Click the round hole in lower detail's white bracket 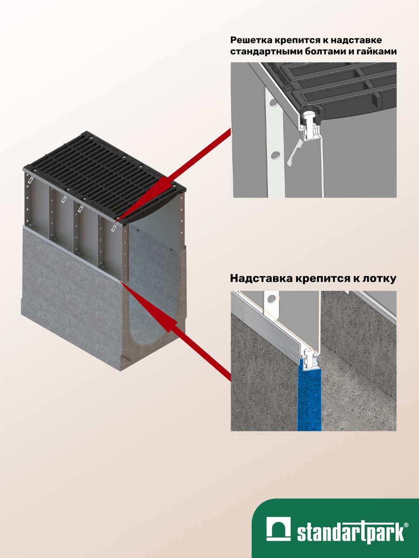click(x=272, y=298)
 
